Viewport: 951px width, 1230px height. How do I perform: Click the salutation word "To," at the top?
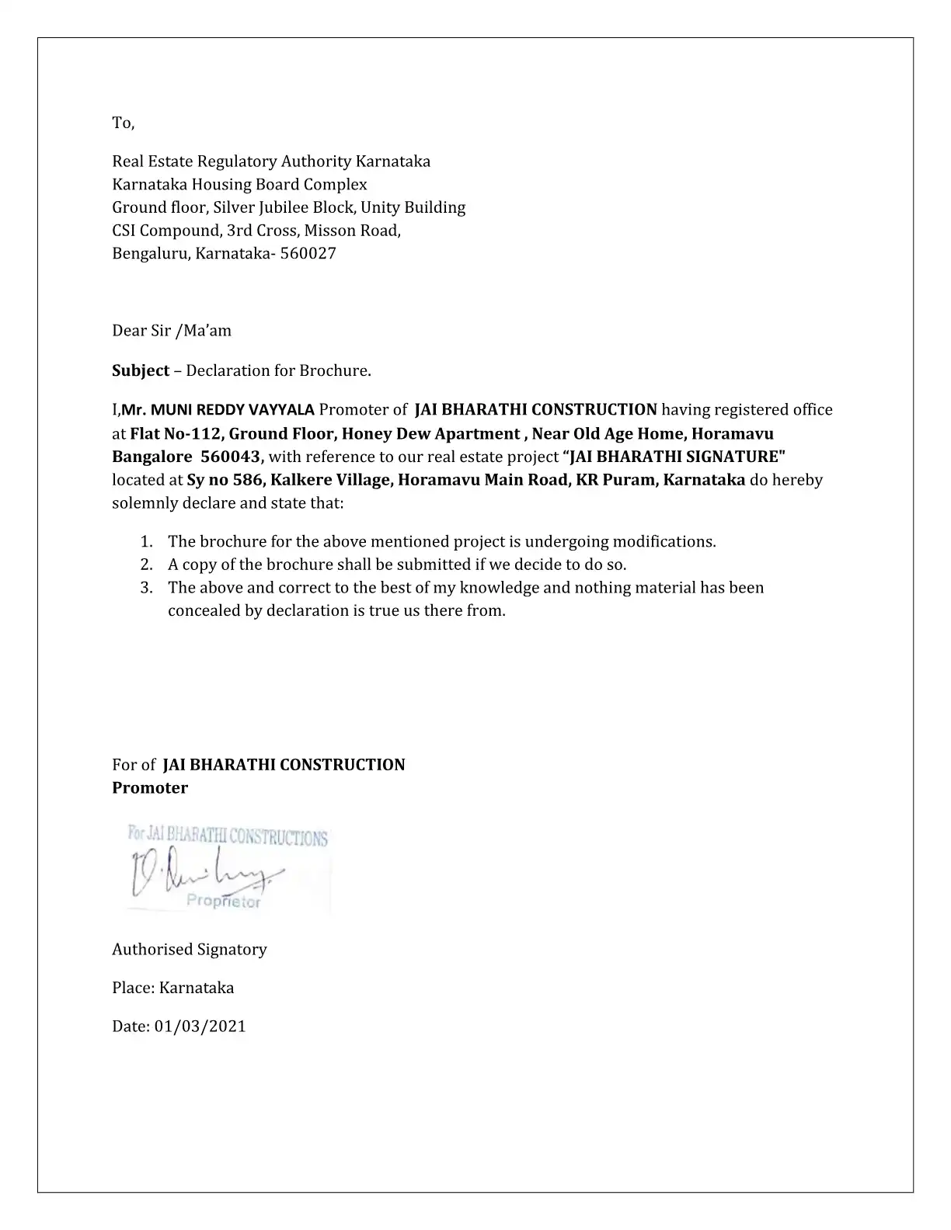pos(124,123)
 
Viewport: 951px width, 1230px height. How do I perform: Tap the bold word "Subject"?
pos(141,370)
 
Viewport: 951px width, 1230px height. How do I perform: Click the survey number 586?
pos(248,479)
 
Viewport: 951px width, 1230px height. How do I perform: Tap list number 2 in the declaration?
pos(146,565)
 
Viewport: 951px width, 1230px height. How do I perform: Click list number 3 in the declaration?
pos(146,587)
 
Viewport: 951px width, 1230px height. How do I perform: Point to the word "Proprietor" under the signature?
pos(224,902)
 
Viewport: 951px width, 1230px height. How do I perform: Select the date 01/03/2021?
pos(200,1027)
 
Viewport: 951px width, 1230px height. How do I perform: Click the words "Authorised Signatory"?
pos(190,949)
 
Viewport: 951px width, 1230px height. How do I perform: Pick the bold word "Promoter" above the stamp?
pos(150,787)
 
